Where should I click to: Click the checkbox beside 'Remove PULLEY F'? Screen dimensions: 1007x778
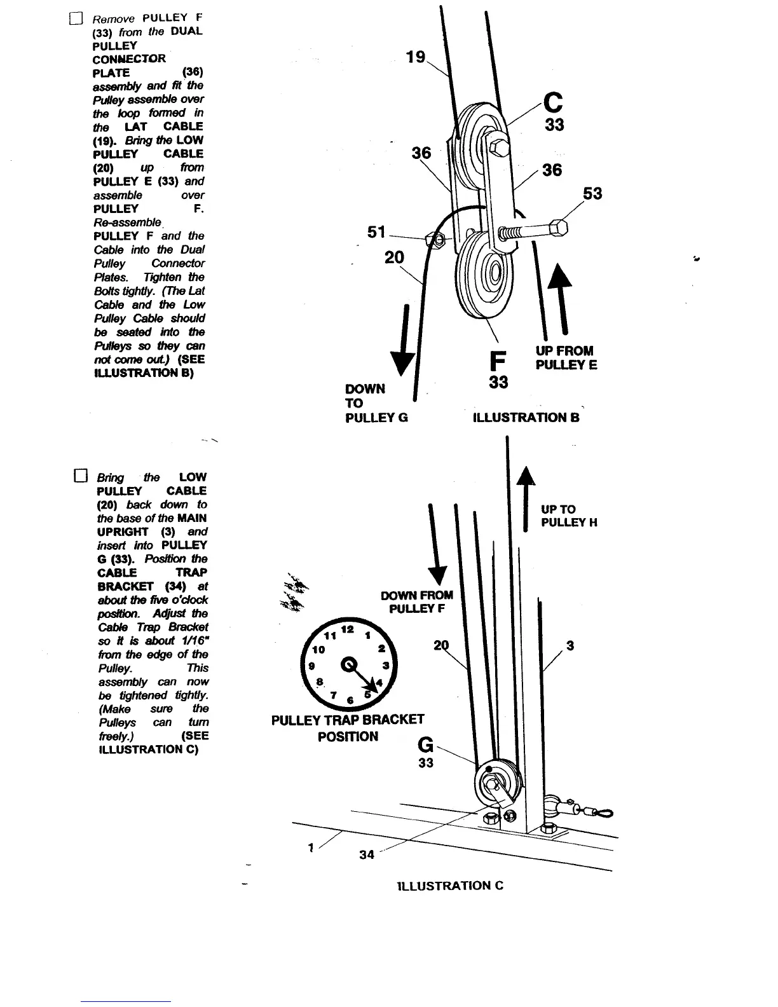coord(76,18)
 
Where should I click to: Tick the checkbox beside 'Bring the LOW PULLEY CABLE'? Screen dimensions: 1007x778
coord(80,476)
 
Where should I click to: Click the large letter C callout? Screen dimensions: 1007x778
coord(554,102)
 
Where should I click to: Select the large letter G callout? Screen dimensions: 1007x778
coord(425,744)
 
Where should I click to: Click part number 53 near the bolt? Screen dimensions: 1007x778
coord(592,193)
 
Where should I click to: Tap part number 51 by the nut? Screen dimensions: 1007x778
coord(376,232)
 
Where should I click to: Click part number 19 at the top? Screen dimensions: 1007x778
coord(416,57)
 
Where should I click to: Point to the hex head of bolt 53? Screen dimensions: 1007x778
coord(559,228)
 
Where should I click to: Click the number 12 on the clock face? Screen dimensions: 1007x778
coord(347,629)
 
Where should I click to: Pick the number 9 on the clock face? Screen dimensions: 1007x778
coord(311,666)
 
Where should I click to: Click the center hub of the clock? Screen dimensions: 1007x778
coord(350,665)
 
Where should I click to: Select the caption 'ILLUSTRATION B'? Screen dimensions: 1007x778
coord(526,418)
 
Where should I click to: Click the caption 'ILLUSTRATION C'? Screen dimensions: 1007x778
coord(450,886)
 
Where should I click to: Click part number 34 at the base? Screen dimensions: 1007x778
coord(367,854)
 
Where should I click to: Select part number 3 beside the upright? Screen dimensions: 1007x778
coord(570,646)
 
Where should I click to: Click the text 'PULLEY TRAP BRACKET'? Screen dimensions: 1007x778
coord(347,720)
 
